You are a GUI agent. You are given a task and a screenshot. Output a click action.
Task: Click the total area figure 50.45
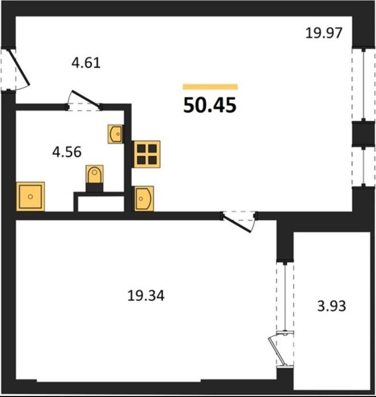210,105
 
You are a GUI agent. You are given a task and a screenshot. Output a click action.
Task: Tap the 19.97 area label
324,33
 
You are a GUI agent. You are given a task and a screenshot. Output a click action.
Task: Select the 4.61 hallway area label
86,63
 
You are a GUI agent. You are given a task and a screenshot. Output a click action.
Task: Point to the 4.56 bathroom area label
67,152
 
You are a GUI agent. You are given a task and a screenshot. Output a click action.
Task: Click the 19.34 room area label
146,295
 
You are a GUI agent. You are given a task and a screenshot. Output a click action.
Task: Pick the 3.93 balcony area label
331,306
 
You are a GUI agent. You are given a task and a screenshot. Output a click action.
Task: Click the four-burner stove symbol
147,154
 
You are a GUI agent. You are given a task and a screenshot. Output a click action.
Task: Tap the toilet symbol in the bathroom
95,178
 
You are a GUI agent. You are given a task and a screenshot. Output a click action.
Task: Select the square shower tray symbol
31,196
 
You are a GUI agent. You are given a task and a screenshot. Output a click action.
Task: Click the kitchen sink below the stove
143,198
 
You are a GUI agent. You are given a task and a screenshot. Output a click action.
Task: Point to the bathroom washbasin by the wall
116,134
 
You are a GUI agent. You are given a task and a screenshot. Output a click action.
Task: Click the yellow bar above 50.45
210,87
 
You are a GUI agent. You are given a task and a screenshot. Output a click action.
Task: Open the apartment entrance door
20,68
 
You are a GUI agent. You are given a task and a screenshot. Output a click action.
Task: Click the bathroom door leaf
85,98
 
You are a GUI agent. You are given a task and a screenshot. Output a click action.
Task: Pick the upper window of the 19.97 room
364,85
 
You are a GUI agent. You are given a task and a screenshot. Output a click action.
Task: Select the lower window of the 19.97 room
364,167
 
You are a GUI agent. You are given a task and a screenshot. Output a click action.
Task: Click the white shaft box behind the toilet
100,204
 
